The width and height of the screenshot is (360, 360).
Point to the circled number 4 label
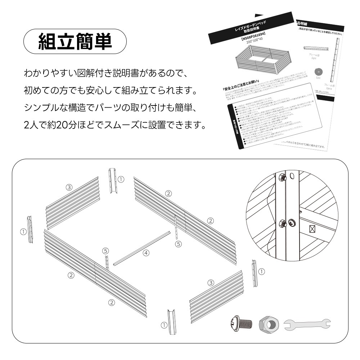[x=146, y=253]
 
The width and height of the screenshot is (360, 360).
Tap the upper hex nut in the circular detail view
[x=282, y=177]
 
